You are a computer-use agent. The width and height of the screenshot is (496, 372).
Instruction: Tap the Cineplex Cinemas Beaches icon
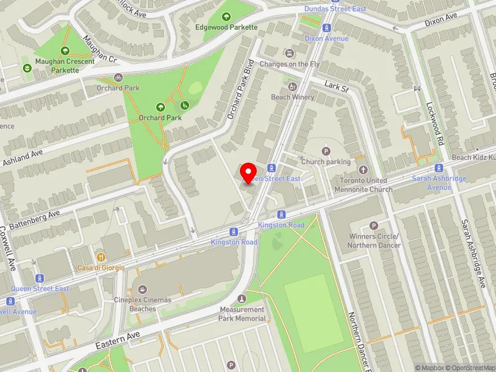coord(143,289)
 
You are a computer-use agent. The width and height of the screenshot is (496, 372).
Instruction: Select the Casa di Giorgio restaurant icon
coord(100,257)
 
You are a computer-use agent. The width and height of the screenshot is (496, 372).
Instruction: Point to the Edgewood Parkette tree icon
coord(226,17)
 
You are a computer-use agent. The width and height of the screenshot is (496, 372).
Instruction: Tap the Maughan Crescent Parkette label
coord(64,66)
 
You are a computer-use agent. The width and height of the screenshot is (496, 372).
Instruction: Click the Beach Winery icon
coord(293,86)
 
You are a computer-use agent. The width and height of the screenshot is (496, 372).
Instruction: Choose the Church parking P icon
coord(325,151)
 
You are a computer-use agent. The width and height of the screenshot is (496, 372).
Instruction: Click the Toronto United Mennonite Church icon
coord(363,169)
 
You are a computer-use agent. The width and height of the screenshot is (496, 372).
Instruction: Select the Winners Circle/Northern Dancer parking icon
coord(373,226)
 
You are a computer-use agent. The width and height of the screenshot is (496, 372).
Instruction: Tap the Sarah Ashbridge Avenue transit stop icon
coord(439,167)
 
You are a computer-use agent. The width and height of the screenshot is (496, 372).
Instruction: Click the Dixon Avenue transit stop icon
coord(327,28)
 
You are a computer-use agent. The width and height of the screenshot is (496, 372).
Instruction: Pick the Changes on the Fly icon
coord(288,53)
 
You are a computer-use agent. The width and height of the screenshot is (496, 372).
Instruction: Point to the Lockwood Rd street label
coord(436,124)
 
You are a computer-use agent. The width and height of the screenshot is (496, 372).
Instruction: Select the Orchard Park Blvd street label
coord(241,89)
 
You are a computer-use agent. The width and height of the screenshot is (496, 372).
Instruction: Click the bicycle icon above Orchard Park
coord(118,77)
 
